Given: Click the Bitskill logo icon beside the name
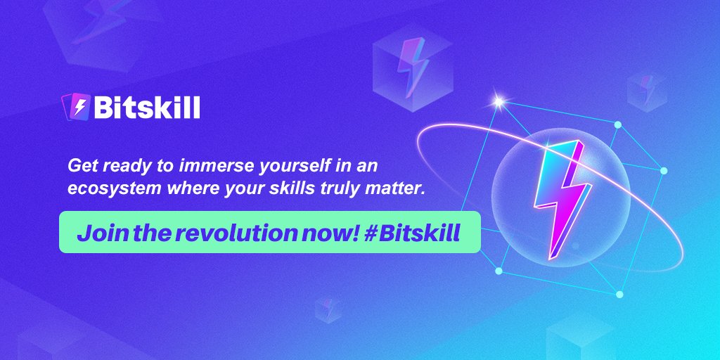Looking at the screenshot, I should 77,108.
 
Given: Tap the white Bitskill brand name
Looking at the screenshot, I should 146,108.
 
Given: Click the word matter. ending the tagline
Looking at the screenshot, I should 399,188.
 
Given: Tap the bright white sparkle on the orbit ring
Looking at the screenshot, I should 499,103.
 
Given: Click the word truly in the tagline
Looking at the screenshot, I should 352,188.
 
